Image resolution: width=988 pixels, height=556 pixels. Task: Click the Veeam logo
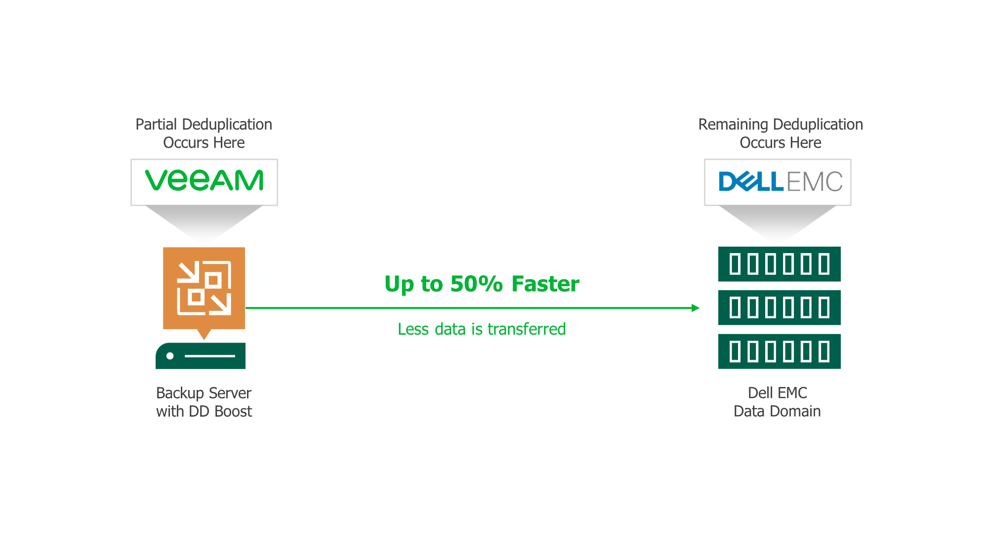point(204,180)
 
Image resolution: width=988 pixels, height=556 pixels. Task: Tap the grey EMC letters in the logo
point(814,181)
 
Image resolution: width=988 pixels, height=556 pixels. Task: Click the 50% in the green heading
point(476,284)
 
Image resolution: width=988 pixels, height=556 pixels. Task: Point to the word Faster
point(545,284)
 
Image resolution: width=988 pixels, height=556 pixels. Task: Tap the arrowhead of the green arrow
point(696,308)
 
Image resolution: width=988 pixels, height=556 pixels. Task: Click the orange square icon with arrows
point(204,288)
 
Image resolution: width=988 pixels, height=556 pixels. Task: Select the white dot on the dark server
point(170,356)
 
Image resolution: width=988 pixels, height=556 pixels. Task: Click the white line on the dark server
point(210,356)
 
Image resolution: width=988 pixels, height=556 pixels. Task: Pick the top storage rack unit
point(779,264)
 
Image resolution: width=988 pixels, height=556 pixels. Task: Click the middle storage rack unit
point(779,307)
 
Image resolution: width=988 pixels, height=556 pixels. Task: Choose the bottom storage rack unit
point(779,351)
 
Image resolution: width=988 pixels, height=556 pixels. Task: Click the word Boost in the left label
point(233,411)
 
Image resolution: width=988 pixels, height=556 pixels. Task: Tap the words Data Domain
point(777,411)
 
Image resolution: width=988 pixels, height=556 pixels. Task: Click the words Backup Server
point(204,393)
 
